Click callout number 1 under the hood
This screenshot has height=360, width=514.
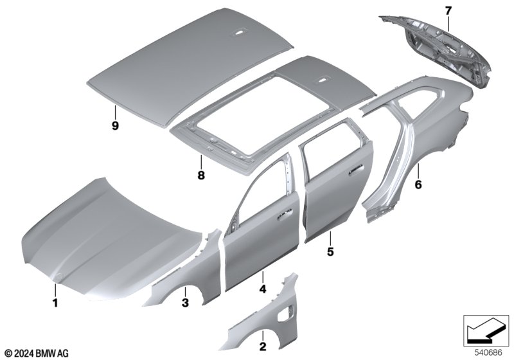[x=55, y=303]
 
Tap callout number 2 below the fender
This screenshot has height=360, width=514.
[x=263, y=346]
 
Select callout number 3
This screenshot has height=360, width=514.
[x=185, y=303]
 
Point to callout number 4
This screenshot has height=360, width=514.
[x=263, y=289]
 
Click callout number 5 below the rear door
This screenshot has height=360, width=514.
[x=330, y=251]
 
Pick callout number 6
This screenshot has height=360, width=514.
[x=418, y=184]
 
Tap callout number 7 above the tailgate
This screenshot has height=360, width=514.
[x=448, y=11]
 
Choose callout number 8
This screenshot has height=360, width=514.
[x=201, y=175]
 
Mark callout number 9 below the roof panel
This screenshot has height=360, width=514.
[x=115, y=125]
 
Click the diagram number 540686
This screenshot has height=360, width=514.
[x=488, y=353]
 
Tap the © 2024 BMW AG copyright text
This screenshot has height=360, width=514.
[x=37, y=354]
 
